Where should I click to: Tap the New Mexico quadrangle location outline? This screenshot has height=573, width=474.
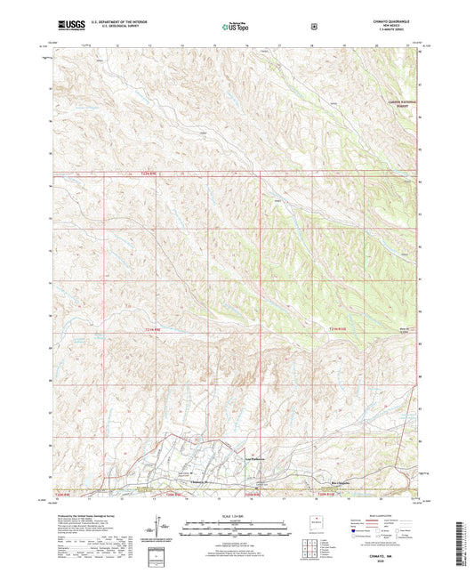point(310,523)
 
